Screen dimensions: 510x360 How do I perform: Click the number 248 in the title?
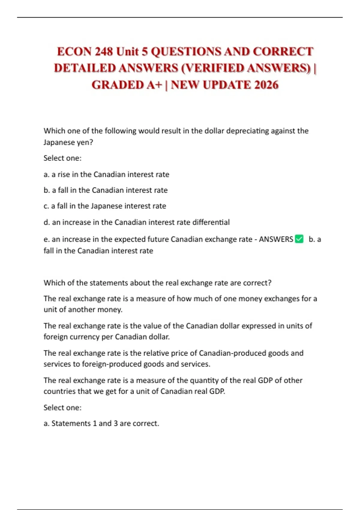(104, 52)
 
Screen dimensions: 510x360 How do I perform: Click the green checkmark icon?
(299, 239)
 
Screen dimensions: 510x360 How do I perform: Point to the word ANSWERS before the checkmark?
(276, 239)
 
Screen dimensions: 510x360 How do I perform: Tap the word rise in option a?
(63, 174)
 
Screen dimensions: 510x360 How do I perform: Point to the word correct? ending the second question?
(257, 283)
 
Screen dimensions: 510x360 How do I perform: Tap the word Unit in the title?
(128, 52)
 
